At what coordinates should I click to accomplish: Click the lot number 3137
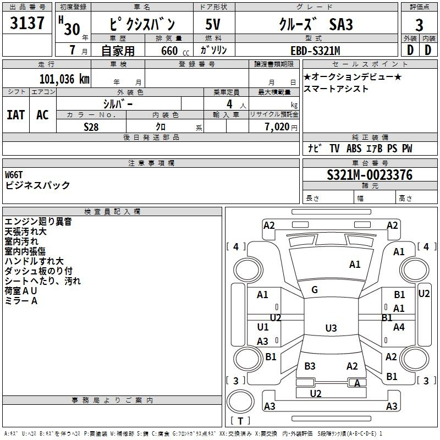(27, 23)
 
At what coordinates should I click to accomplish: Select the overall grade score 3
(419, 25)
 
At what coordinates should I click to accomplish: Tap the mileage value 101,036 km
(64, 79)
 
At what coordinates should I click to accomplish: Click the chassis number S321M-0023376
(370, 175)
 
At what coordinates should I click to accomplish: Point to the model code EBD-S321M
(315, 51)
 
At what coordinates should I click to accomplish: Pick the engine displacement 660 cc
(175, 51)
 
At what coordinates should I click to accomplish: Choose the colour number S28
(91, 127)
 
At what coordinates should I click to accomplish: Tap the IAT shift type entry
(16, 115)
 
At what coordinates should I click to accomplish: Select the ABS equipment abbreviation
(354, 148)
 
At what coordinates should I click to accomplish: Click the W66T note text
(13, 175)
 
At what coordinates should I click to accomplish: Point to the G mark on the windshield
(315, 290)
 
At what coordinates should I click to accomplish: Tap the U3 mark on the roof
(331, 328)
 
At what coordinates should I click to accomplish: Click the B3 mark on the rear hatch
(310, 366)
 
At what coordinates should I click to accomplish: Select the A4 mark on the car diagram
(399, 327)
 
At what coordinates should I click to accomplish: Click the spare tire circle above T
(240, 402)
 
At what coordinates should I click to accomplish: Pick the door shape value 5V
(213, 24)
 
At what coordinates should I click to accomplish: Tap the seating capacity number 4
(229, 104)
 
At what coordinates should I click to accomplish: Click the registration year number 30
(72, 29)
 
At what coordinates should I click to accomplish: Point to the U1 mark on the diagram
(263, 327)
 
